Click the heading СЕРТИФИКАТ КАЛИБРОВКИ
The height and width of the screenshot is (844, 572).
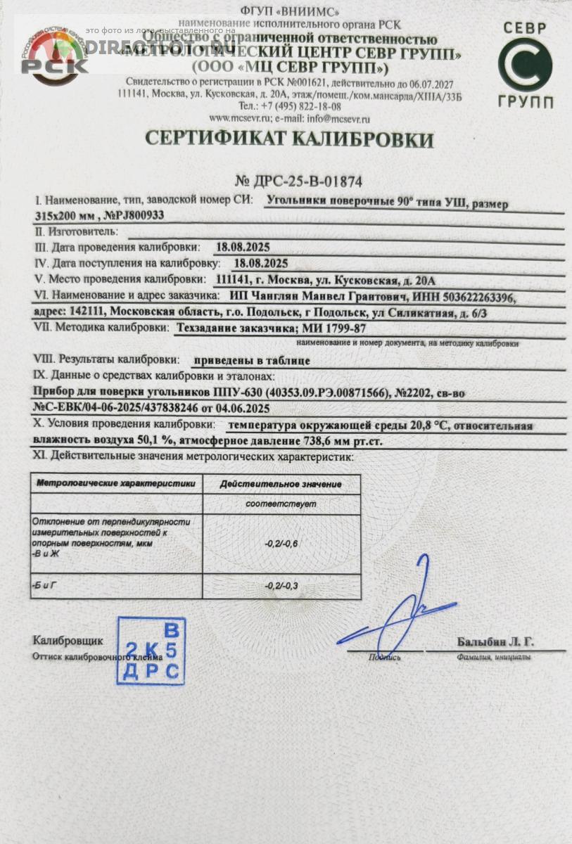pos(289,139)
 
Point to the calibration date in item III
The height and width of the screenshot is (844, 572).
pos(243,247)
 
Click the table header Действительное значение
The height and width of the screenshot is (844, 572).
pos(281,484)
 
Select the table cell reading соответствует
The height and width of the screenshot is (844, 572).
pos(281,504)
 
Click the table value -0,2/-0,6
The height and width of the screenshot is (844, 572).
pos(281,544)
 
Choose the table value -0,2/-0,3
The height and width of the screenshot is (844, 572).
pos(281,585)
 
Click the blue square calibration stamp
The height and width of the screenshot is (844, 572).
pos(151,651)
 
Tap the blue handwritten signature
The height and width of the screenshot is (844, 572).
pos(401,615)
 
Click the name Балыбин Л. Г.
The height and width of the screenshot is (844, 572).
pos(495,641)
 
